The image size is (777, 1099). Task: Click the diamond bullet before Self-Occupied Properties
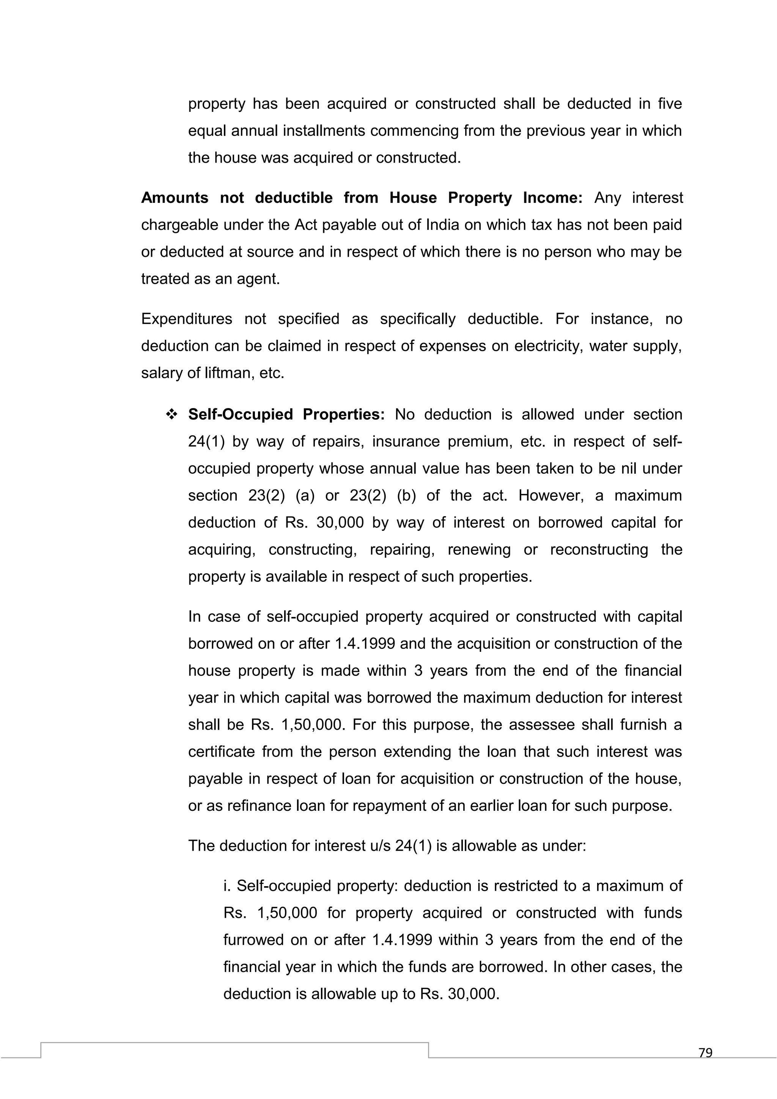171,415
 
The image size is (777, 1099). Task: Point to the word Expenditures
186,319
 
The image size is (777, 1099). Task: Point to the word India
442,225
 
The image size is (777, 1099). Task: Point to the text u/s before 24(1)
381,846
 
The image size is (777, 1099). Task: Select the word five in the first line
669,104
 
